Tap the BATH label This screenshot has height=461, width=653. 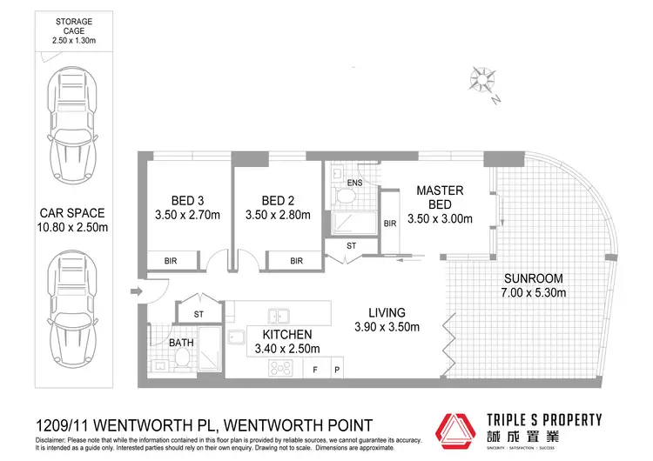coord(181,343)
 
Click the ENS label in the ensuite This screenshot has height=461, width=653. coord(354,184)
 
